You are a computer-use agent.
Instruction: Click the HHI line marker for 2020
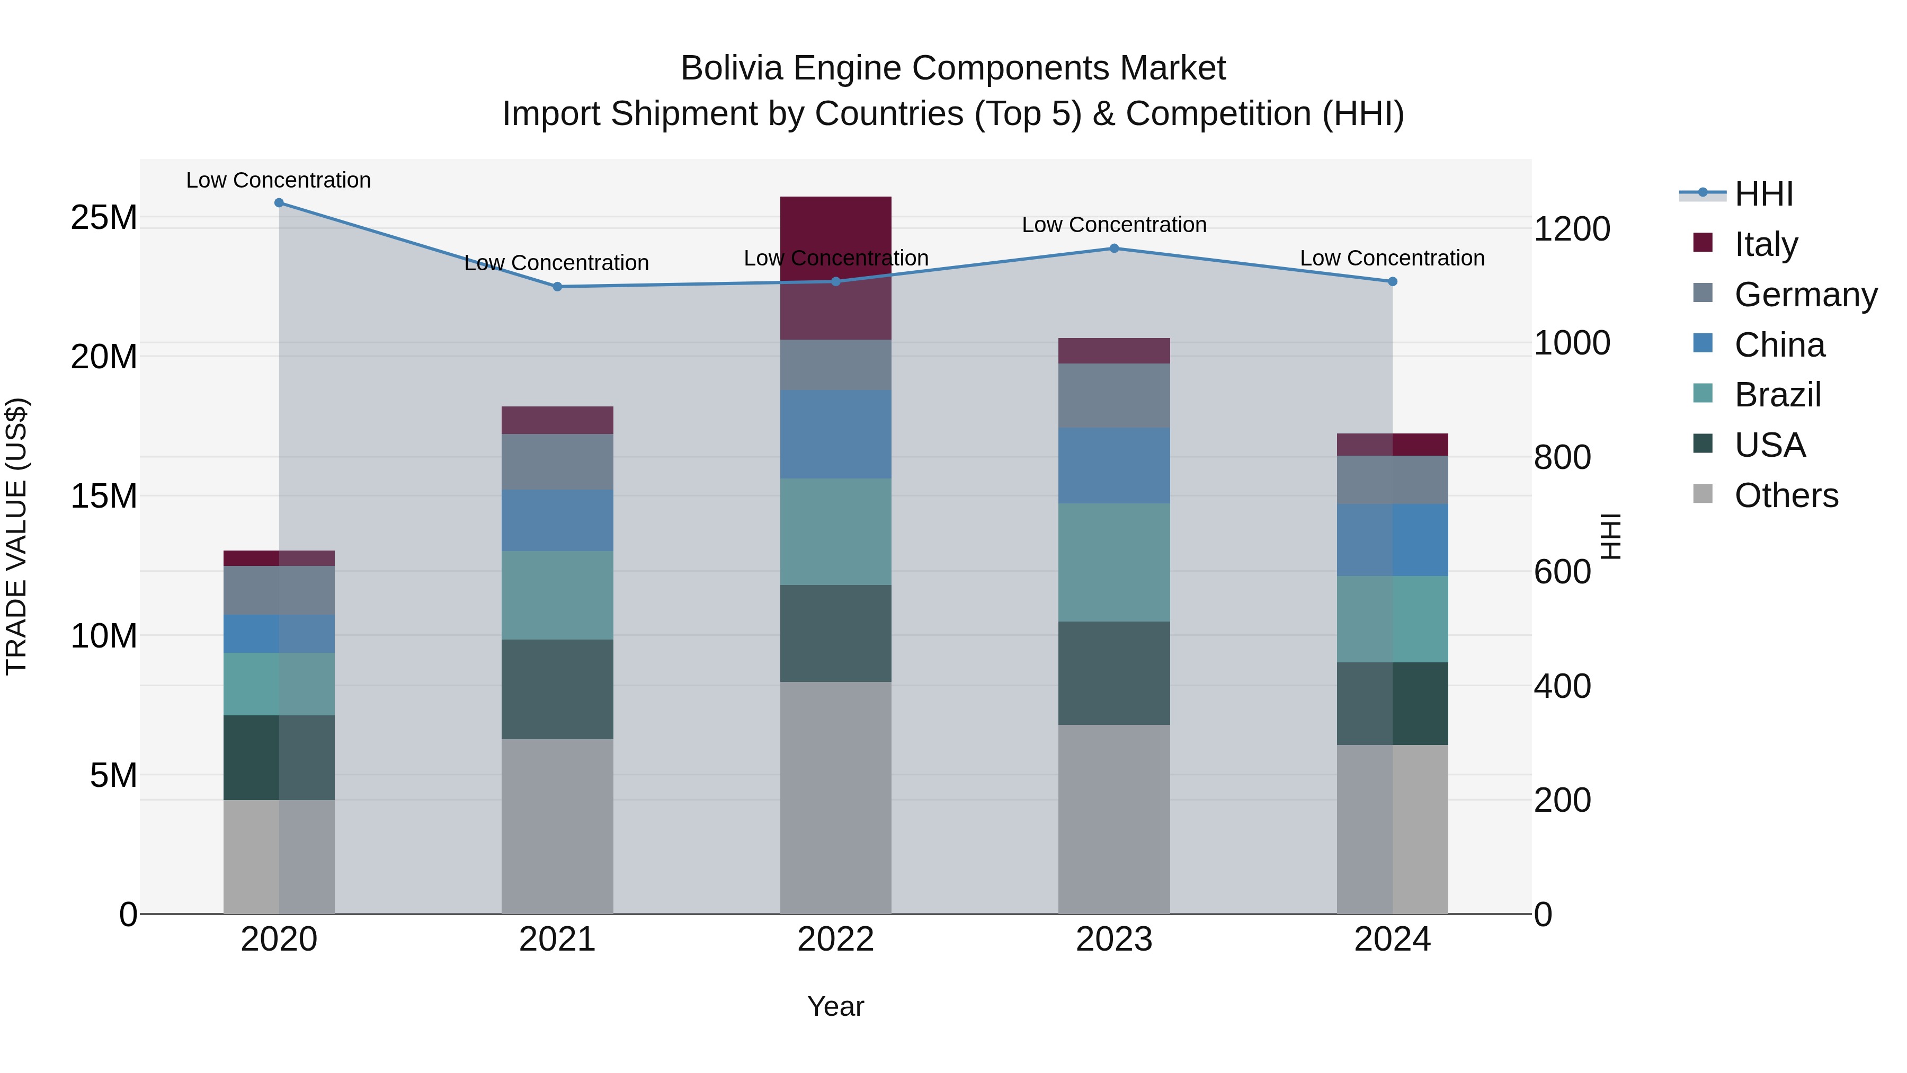click(x=279, y=203)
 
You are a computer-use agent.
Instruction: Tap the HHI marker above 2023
click(x=1113, y=249)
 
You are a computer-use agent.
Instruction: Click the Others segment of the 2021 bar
click(x=557, y=826)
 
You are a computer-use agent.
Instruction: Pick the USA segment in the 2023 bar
click(x=1113, y=672)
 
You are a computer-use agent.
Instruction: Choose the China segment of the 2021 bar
click(x=557, y=520)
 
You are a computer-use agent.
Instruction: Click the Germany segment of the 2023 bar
click(x=1113, y=395)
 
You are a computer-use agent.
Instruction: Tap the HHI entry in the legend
click(x=1763, y=194)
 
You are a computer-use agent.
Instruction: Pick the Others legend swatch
click(x=1703, y=494)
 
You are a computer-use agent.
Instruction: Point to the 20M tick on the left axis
click(x=104, y=357)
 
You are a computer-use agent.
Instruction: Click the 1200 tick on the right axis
click(x=1571, y=229)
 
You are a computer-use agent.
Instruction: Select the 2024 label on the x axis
click(x=1392, y=939)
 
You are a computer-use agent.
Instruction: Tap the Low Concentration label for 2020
click(x=278, y=180)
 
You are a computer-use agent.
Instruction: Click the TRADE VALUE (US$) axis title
click(x=16, y=536)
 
